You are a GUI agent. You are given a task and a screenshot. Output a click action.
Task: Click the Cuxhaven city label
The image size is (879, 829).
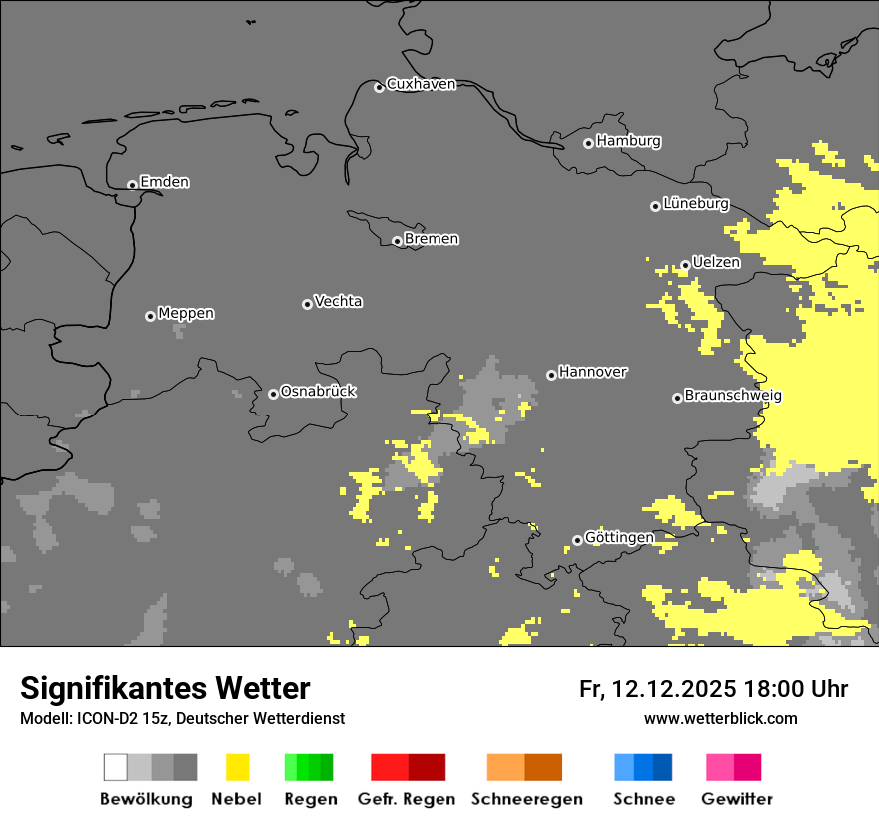(421, 84)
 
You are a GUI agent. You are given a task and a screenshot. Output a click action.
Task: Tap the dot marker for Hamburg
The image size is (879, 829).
(588, 143)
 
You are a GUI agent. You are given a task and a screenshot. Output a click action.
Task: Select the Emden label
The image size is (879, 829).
(164, 182)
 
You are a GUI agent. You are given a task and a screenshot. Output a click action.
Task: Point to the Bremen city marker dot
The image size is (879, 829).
(397, 241)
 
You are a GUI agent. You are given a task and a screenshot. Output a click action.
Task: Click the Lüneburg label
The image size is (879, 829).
(695, 203)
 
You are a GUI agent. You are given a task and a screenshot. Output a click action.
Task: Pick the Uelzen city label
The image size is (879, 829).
(716, 262)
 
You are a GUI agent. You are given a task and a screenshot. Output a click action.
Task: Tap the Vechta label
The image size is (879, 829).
(338, 301)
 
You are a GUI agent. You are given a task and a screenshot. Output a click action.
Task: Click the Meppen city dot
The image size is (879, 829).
(150, 316)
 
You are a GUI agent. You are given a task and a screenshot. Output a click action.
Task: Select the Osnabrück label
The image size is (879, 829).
(318, 391)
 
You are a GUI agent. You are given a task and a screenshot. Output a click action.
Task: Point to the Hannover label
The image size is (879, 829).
(592, 372)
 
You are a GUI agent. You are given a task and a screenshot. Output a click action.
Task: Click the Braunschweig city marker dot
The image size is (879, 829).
(677, 398)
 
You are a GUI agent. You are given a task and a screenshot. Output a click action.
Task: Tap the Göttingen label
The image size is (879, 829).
(619, 537)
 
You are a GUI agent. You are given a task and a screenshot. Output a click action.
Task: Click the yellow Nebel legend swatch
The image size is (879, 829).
(237, 767)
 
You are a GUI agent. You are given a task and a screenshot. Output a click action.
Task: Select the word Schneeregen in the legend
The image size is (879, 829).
(526, 799)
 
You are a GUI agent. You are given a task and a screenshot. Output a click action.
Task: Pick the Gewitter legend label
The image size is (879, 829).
(736, 799)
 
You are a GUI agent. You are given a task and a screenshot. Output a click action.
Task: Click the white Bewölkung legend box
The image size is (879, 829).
(116, 767)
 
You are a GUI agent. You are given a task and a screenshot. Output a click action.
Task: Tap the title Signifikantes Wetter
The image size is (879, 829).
(165, 688)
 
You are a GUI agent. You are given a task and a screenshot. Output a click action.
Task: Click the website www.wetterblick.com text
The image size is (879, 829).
(721, 718)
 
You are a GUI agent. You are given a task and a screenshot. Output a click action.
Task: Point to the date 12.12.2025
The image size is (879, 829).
(674, 689)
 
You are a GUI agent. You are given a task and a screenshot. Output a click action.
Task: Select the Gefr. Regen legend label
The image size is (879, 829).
(406, 799)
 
